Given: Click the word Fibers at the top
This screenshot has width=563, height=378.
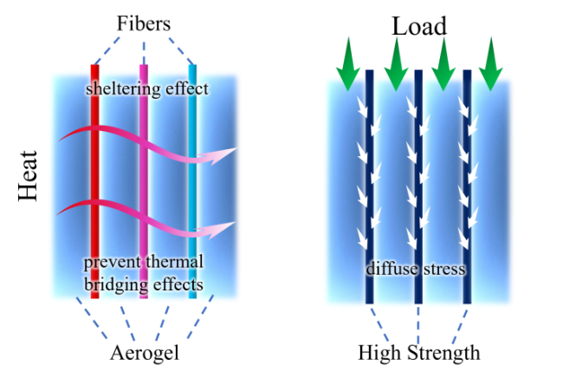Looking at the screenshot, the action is click(x=144, y=23).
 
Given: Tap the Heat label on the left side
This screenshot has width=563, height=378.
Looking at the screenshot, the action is click(x=28, y=176).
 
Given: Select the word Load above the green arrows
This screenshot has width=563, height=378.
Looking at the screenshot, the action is click(x=419, y=26).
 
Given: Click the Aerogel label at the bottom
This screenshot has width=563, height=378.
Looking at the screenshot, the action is click(x=145, y=353).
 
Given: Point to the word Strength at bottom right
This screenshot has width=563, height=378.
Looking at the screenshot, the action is click(x=443, y=353).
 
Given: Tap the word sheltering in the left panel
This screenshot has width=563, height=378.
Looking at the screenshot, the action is click(x=119, y=89).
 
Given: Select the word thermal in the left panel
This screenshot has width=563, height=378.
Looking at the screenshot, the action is click(x=174, y=262).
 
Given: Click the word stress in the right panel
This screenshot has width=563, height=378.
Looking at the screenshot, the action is click(x=444, y=269).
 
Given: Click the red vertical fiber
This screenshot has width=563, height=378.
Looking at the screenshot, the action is click(x=94, y=181).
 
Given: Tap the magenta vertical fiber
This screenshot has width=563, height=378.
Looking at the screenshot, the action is click(x=144, y=181).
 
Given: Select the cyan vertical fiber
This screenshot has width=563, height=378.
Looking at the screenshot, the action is click(x=192, y=181).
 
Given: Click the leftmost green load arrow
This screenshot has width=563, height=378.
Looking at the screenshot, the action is click(x=348, y=64).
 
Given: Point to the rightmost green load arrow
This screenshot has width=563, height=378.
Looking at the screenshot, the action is click(x=491, y=64).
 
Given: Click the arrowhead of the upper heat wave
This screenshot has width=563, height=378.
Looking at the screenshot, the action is click(x=218, y=155).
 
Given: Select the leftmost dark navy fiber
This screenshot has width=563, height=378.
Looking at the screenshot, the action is click(x=370, y=187).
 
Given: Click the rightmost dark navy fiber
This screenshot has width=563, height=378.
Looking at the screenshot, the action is click(x=467, y=187).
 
